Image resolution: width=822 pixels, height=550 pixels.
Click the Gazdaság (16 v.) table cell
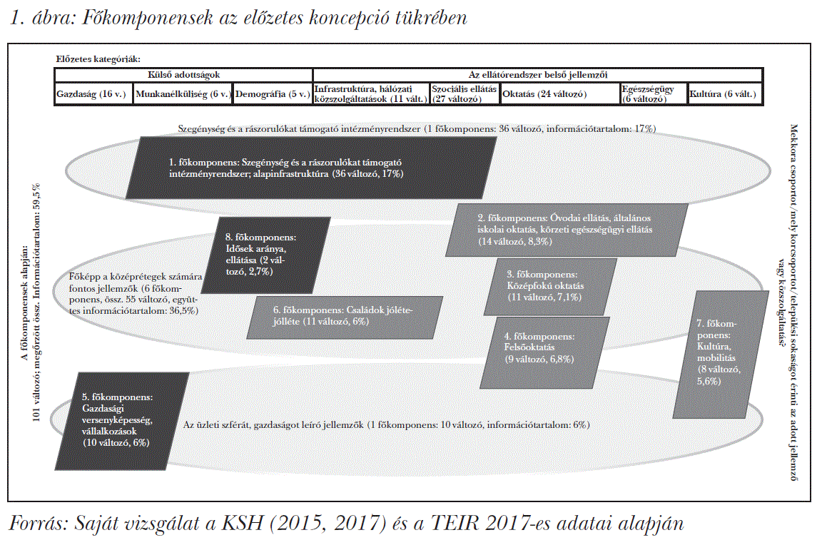coord(93,93)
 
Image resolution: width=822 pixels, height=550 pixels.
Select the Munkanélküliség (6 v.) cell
coord(183,93)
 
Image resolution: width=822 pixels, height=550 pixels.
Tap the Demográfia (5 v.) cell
coord(272,93)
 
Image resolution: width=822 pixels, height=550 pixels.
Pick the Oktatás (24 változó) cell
coord(559,93)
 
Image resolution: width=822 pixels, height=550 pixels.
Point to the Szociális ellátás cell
coord(464,93)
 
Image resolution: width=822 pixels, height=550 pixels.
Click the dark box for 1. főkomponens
coord(311,168)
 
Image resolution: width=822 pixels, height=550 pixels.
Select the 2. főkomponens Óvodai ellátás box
coord(565,230)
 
